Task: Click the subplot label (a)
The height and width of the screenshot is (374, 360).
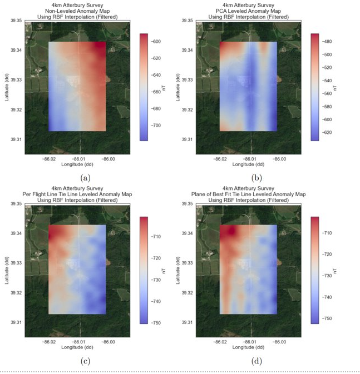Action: tap(85, 178)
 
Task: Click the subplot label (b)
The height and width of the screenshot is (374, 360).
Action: tap(257, 178)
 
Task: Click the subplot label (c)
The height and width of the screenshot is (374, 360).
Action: tap(85, 361)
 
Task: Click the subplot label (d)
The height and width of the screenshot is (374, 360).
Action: tap(257, 361)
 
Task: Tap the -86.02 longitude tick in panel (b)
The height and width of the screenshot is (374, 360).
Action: tap(220, 159)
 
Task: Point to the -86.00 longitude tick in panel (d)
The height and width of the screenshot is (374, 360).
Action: tap(279, 342)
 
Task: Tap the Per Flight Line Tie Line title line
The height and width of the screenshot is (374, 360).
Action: tap(78, 195)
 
